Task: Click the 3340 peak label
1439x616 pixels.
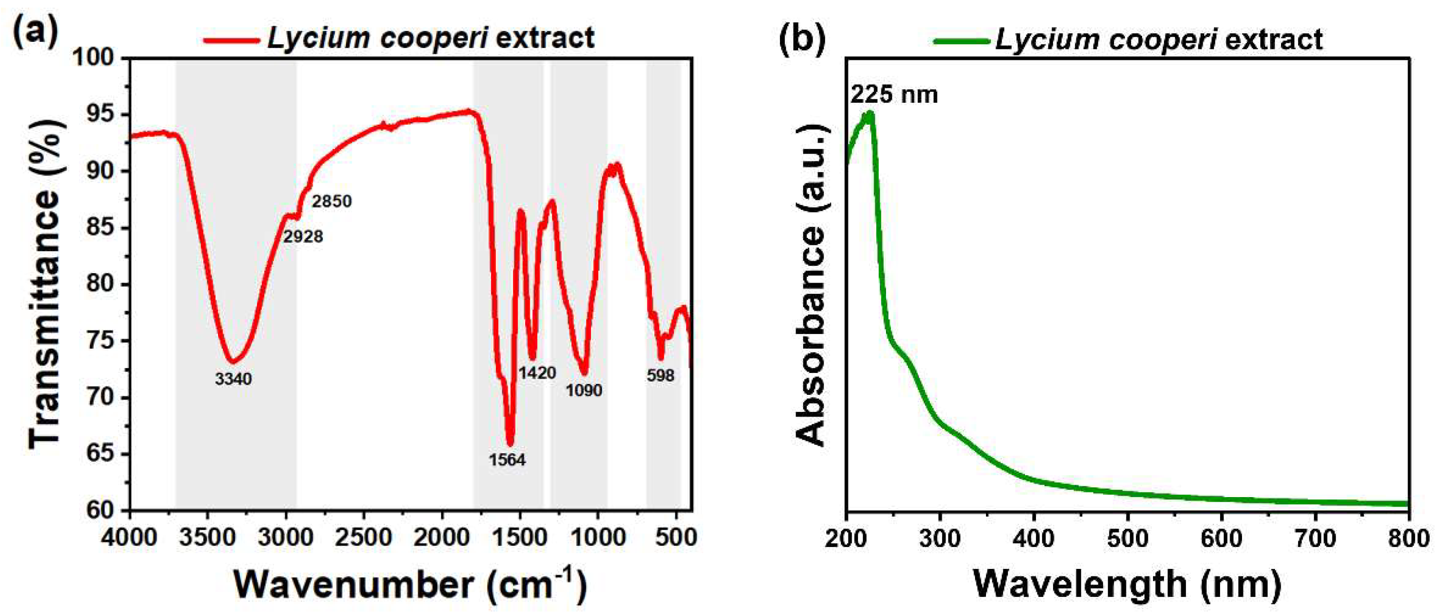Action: (x=234, y=379)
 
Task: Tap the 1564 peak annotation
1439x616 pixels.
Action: (x=507, y=460)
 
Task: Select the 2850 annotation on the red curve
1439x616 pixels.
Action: (x=332, y=201)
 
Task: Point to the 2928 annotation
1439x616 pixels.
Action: (x=303, y=237)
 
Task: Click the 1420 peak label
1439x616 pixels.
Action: (x=537, y=372)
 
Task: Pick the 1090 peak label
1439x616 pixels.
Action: (x=584, y=391)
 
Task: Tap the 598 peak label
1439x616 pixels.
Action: (x=660, y=376)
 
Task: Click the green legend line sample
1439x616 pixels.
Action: (x=961, y=40)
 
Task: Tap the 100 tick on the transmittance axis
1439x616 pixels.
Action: (x=100, y=58)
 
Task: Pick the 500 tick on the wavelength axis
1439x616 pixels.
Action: (x=1127, y=538)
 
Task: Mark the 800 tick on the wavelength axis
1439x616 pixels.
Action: (x=1408, y=538)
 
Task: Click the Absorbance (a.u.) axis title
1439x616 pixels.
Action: (x=810, y=285)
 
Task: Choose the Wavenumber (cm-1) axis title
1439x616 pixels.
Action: (x=411, y=585)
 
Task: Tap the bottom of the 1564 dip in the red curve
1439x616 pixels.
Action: (x=510, y=444)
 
